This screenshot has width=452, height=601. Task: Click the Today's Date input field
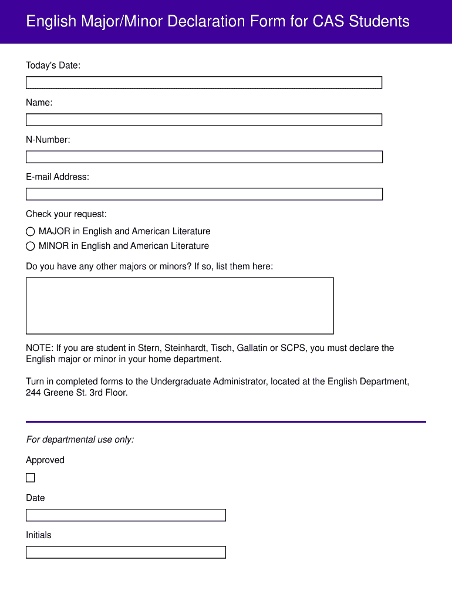click(x=204, y=83)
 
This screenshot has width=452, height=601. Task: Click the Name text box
click(x=204, y=120)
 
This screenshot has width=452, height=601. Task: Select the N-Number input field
click(x=204, y=157)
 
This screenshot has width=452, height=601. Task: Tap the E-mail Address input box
click(x=204, y=194)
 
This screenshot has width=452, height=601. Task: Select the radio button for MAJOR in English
click(x=31, y=232)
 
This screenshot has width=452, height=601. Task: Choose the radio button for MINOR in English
click(x=31, y=247)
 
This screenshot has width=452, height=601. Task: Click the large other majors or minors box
click(x=180, y=306)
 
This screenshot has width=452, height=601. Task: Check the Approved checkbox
click(x=31, y=478)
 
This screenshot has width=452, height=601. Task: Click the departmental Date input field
click(x=126, y=515)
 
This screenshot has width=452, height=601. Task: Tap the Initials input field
click(x=126, y=552)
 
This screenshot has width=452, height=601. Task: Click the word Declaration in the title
click(x=205, y=22)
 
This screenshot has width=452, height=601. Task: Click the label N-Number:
click(x=48, y=140)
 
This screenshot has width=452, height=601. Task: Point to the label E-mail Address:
click(x=58, y=177)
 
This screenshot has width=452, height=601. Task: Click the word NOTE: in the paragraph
click(x=39, y=348)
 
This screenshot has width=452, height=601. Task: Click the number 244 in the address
click(x=33, y=393)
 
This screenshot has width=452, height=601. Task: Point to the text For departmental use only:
click(x=80, y=440)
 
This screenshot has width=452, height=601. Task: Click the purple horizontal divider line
click(x=225, y=421)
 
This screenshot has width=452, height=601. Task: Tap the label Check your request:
click(x=66, y=214)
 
